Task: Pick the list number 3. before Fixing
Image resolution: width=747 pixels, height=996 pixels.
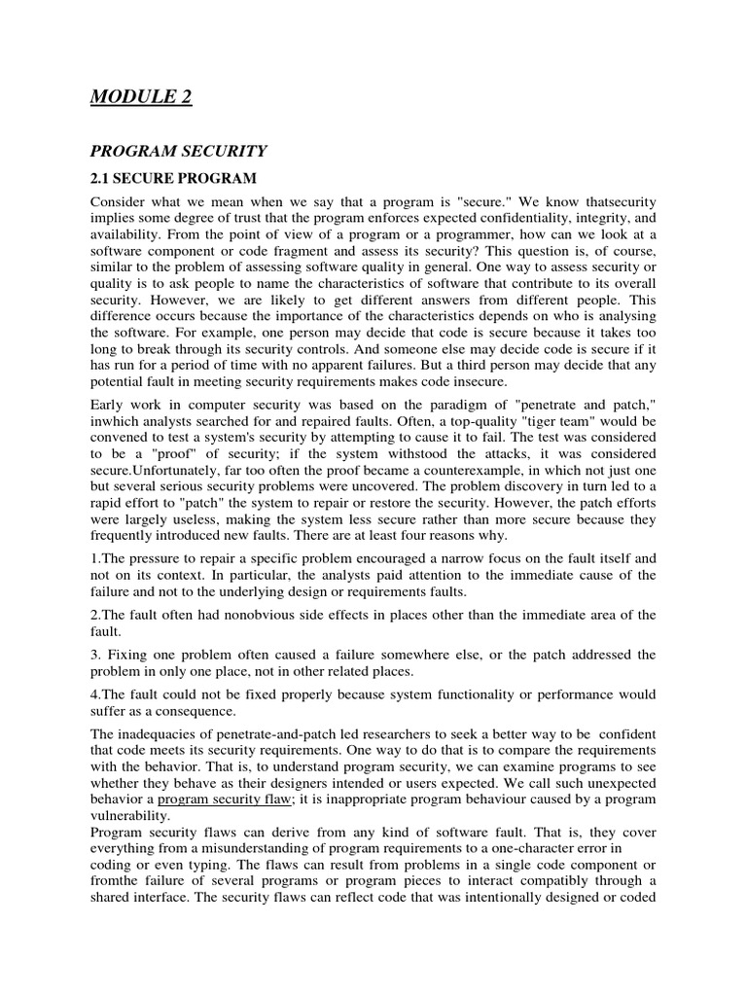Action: pos(95,654)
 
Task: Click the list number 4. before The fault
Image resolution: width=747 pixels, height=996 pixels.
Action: pos(95,694)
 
